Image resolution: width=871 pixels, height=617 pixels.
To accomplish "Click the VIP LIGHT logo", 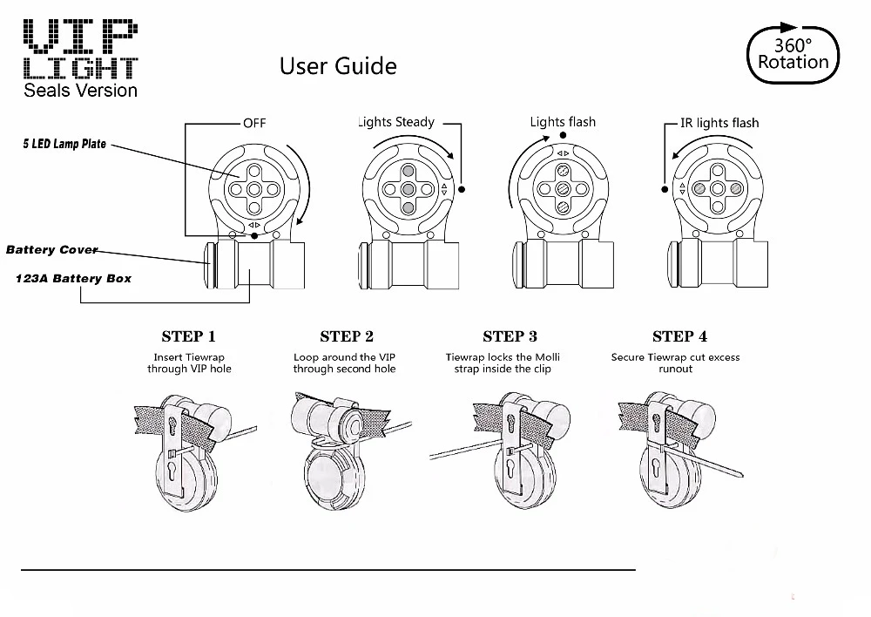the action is [x=80, y=49].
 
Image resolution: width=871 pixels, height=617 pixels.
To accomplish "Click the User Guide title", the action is [x=338, y=66].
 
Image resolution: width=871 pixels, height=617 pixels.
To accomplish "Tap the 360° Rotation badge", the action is [x=793, y=53].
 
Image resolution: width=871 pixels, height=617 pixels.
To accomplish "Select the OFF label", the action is [x=254, y=123].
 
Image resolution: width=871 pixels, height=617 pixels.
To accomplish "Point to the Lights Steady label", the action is [x=396, y=122].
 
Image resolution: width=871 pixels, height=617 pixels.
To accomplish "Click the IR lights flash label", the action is [x=719, y=123].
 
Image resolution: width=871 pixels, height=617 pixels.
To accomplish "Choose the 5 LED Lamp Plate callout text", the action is [x=64, y=144].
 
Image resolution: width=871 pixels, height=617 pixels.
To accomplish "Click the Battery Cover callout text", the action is [x=51, y=249].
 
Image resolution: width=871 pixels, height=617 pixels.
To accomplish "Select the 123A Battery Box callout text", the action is [x=73, y=279].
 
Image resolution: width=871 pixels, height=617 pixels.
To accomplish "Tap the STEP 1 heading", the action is [x=188, y=336].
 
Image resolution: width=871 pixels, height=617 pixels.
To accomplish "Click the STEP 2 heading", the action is [x=347, y=336].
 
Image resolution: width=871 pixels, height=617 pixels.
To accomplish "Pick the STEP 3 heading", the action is [x=510, y=336].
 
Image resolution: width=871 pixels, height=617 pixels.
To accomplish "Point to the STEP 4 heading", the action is [x=679, y=336].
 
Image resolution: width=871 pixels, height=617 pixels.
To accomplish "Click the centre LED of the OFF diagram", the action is [x=254, y=190].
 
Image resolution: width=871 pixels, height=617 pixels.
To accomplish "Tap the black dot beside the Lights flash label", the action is [x=563, y=135].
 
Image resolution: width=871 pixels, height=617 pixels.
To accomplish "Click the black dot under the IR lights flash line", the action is [x=665, y=190].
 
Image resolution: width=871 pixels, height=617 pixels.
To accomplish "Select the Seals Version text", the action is [x=80, y=90].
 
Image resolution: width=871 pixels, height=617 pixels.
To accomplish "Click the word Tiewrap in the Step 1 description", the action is [x=206, y=357].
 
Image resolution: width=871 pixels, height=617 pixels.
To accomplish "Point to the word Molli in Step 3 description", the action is [x=547, y=357].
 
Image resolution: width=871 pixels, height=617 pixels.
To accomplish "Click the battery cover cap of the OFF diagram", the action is [x=209, y=265].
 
